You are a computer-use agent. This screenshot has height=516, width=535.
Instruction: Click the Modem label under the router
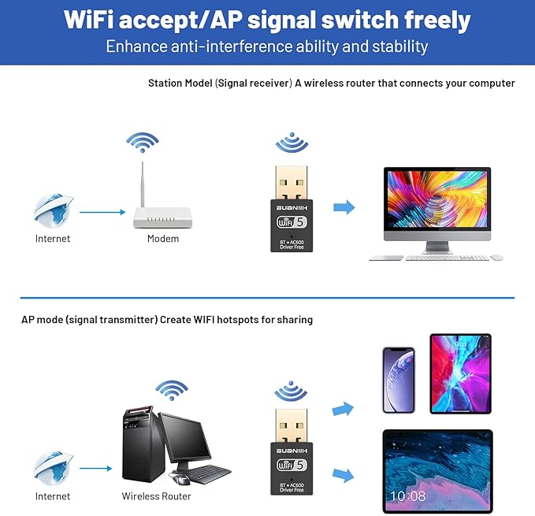(163, 239)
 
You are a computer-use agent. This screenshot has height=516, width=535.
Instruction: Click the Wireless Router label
(156, 496)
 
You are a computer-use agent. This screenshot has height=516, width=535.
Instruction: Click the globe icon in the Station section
(53, 210)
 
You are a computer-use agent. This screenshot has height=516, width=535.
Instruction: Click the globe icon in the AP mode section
(53, 468)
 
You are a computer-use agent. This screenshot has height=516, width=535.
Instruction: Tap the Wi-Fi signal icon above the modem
(142, 144)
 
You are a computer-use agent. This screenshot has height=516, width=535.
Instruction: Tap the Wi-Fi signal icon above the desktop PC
(172, 389)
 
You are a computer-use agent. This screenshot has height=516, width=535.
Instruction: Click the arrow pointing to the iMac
(344, 207)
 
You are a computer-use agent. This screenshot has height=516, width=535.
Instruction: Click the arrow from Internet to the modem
(102, 212)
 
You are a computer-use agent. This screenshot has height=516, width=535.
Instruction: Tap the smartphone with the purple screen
(398, 380)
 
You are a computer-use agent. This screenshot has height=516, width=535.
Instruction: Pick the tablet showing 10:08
(437, 470)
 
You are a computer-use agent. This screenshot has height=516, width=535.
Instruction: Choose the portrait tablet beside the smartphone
(460, 373)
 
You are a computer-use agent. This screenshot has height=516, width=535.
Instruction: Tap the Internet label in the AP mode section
(53, 496)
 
